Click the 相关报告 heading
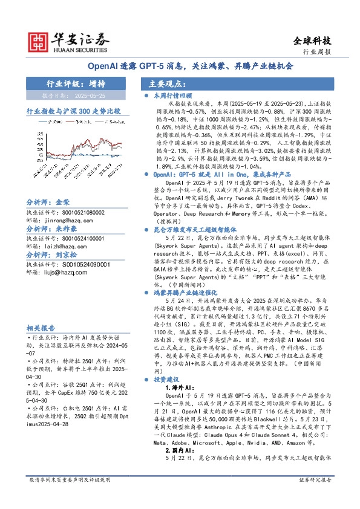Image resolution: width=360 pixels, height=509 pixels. coord(41,327)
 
